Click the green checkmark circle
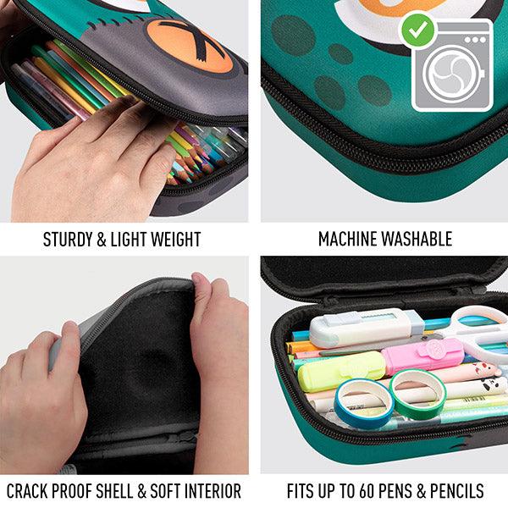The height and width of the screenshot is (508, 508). click(x=417, y=30)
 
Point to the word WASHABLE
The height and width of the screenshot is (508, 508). click(x=418, y=240)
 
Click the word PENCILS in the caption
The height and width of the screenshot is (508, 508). click(x=455, y=491)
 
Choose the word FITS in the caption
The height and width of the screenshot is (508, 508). click(x=301, y=491)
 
